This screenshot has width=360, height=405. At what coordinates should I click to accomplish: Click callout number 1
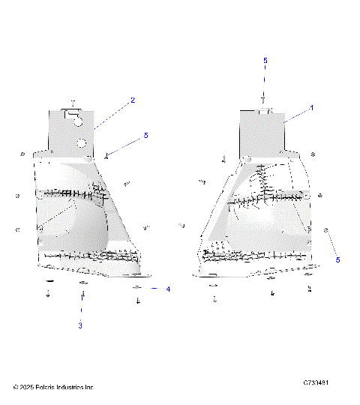(x=312, y=107)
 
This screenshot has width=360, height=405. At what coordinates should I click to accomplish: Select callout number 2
(x=133, y=100)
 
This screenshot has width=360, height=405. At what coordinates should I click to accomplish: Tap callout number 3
(x=80, y=325)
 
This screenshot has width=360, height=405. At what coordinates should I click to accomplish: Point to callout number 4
(x=168, y=289)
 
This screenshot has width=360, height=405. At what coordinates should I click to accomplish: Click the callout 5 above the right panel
(x=265, y=59)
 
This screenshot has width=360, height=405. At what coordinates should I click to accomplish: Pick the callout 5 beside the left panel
(x=146, y=136)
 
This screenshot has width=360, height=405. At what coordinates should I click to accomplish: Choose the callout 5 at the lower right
(x=337, y=259)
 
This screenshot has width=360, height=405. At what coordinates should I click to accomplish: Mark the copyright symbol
(x=16, y=387)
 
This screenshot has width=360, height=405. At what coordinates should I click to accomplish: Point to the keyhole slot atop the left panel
(x=73, y=114)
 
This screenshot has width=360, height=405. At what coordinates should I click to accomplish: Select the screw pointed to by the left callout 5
(x=108, y=156)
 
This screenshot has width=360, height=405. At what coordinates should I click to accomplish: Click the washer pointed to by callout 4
(x=138, y=288)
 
